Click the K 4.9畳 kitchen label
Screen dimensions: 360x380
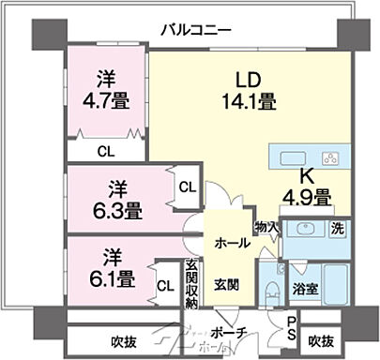click(x=307, y=187)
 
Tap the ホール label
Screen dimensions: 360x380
click(x=232, y=242)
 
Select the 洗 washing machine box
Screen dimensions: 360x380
click(x=336, y=228)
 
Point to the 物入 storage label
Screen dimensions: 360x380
click(x=266, y=227)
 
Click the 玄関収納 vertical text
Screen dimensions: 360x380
click(x=191, y=284)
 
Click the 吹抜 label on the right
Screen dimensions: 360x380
click(x=321, y=340)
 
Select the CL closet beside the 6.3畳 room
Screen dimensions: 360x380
click(x=188, y=187)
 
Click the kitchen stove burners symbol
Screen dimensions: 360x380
click(x=330, y=157)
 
